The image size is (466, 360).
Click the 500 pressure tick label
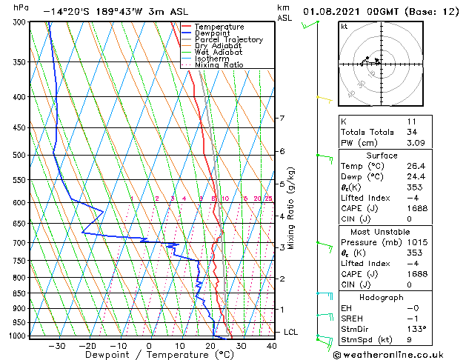click(19, 156)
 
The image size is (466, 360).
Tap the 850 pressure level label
click(19, 293)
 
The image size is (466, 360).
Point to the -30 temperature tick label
click(57, 345)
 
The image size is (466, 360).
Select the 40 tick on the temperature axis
click(272, 345)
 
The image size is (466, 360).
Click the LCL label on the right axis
click(290, 332)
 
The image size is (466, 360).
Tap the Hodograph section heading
click(382, 296)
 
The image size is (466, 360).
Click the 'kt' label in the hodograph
click(344, 26)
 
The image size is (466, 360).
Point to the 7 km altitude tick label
click(282, 119)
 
